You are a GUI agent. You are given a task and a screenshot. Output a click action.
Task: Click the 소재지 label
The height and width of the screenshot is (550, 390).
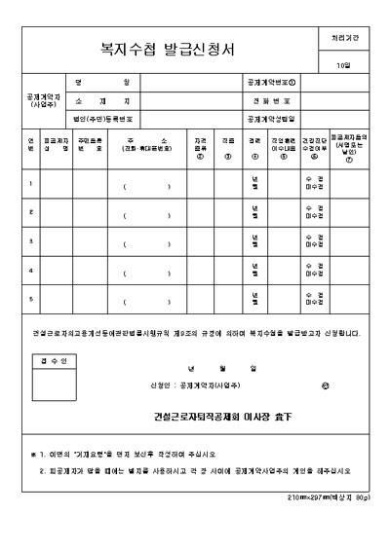(102, 100)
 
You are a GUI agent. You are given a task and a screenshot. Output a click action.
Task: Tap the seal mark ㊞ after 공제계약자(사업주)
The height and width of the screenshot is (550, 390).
(325, 386)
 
